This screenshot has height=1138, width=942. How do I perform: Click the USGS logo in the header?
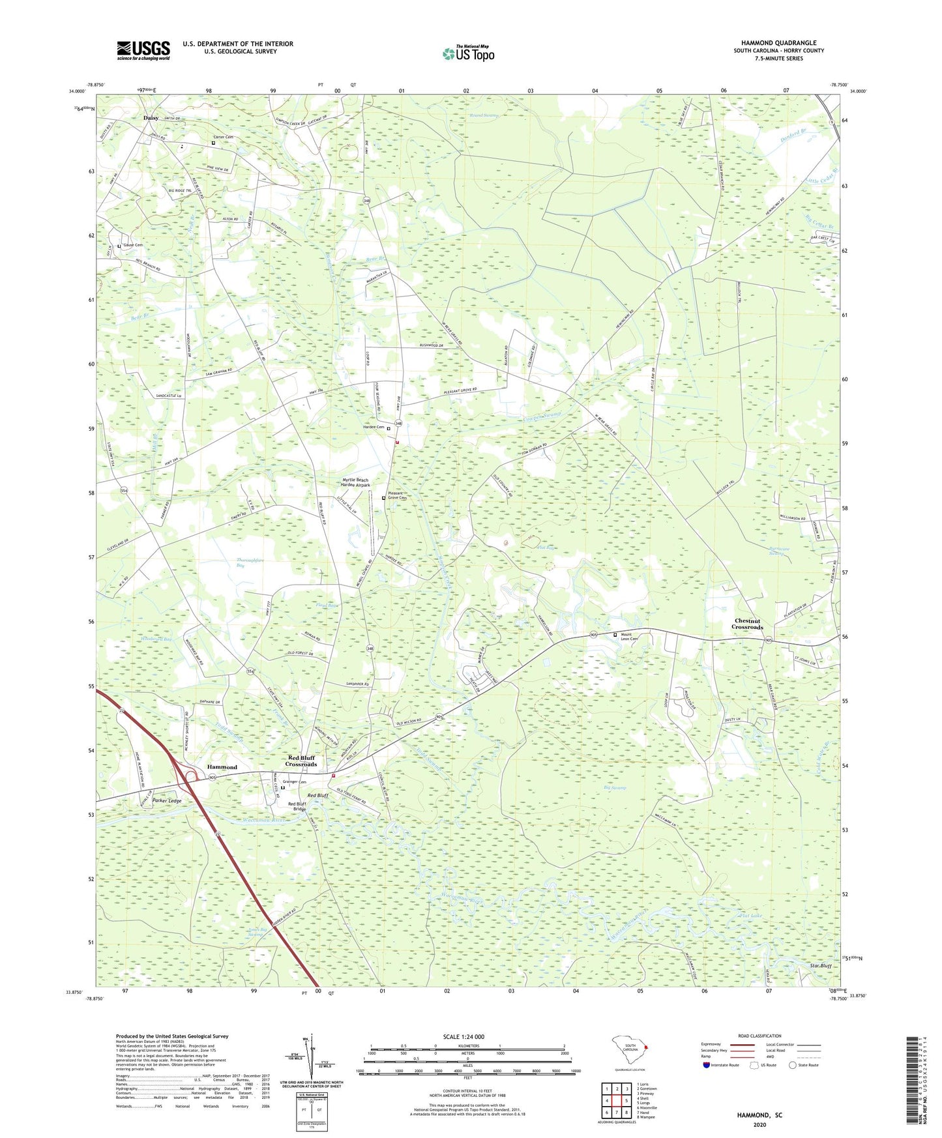(x=143, y=50)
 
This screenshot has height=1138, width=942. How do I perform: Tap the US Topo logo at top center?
(x=468, y=53)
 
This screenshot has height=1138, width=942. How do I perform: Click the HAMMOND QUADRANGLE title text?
(x=778, y=43)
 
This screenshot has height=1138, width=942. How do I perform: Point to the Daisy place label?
(x=151, y=118)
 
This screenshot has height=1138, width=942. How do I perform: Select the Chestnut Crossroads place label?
(x=746, y=624)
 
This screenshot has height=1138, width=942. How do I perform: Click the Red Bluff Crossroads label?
(x=301, y=761)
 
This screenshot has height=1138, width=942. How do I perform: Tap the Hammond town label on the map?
(x=222, y=767)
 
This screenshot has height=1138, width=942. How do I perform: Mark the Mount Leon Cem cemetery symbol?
(x=614, y=634)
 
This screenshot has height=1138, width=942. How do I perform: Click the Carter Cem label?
(x=224, y=137)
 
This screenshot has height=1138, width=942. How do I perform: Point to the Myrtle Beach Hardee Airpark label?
(x=356, y=482)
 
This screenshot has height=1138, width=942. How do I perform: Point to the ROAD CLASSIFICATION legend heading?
(x=759, y=1036)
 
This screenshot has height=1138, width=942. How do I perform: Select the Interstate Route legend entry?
(x=724, y=1065)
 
